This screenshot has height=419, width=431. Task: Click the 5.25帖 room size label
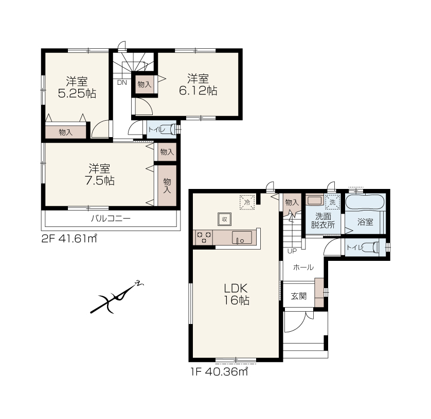(77, 93)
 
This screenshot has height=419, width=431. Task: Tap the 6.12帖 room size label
(198, 90)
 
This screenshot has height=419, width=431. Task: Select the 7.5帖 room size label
(100, 181)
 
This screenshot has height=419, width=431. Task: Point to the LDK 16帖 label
(237, 294)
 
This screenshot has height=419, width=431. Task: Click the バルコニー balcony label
(111, 219)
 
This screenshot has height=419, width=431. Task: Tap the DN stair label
(122, 83)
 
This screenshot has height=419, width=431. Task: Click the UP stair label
(292, 251)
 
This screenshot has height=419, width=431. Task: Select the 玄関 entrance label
(299, 296)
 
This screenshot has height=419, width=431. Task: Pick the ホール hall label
(303, 267)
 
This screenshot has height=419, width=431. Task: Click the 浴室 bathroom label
(365, 222)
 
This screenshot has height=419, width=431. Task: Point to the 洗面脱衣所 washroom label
(323, 221)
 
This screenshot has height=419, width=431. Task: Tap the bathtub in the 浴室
(365, 202)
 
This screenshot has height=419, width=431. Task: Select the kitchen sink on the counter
(242, 237)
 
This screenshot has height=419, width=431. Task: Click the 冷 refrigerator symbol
(247, 202)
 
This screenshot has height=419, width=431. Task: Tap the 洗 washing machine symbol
(333, 202)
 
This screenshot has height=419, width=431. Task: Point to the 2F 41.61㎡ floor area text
(69, 239)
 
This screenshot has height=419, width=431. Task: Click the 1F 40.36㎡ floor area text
(219, 372)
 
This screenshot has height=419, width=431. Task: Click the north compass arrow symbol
(117, 297)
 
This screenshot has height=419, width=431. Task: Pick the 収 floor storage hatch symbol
(225, 219)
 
